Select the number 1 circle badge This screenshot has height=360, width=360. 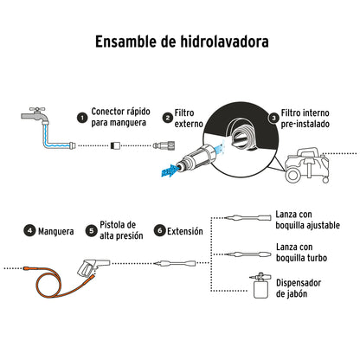click(81, 117)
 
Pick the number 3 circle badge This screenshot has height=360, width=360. click(273, 117)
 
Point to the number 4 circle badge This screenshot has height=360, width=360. click(29, 232)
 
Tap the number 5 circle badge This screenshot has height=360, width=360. click(92, 232)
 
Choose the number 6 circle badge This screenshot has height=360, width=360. click(158, 232)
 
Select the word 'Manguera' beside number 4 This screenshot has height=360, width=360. click(59, 232)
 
